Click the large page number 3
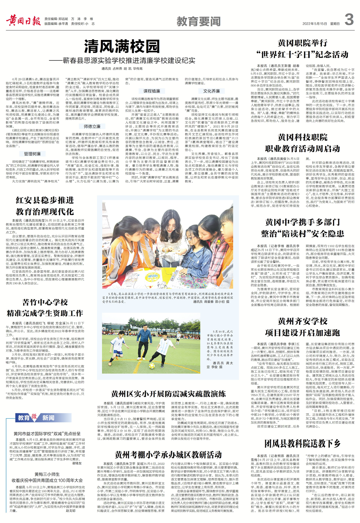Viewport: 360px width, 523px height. (x=348, y=19)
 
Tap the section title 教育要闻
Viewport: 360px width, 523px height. (x=198, y=22)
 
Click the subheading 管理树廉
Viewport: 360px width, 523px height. (x=32, y=154)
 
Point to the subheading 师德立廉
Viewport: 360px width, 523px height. (x=92, y=126)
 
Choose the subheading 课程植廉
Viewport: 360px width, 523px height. (x=152, y=91)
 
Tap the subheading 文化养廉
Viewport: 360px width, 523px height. (x=211, y=91)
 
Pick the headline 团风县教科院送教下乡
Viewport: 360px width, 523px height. (x=302, y=443)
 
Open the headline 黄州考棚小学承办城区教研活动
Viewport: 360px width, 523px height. (x=168, y=455)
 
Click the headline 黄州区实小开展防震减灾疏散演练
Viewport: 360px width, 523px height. (x=168, y=394)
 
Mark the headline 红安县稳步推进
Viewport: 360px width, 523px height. (x=45, y=200)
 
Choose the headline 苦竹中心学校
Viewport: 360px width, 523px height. (x=45, y=302)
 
